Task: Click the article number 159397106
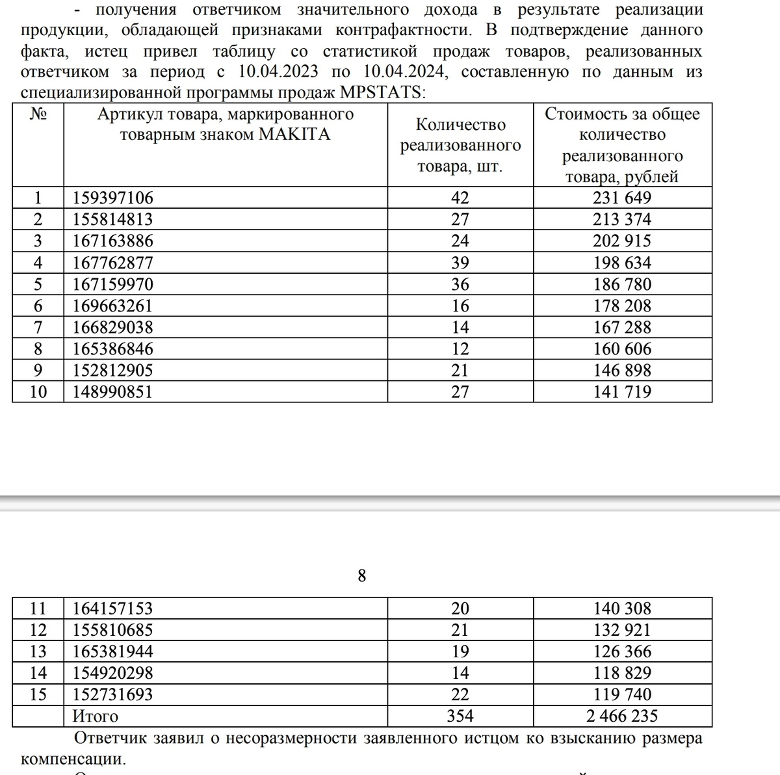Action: pos(112,198)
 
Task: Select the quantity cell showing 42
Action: pos(460,198)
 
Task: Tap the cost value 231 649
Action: pos(622,198)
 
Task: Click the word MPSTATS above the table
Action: pos(381,92)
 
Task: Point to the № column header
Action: pos(38,114)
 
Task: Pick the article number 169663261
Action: pos(112,306)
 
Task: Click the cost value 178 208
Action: pos(622,306)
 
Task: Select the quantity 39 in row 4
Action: pos(460,263)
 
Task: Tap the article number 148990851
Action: pos(112,391)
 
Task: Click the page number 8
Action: pos(362,575)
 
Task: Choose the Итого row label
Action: pos(95,716)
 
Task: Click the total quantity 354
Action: pos(460,716)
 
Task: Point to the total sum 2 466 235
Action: pos(622,716)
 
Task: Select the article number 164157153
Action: pos(112,609)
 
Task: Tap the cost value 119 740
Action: pos(622,694)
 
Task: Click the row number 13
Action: pos(38,651)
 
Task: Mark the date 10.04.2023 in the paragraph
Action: pos(274,72)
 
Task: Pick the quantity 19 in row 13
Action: pos(460,651)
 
